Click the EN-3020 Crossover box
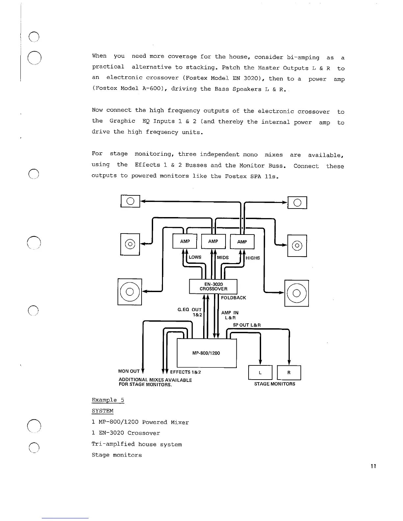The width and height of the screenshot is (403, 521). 213,286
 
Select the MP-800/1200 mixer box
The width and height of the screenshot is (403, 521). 207,353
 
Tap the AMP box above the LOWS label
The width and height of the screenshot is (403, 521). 185,241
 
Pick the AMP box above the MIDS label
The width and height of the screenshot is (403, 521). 213,241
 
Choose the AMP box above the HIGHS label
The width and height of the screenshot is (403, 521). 242,242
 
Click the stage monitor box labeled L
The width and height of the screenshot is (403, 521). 260,373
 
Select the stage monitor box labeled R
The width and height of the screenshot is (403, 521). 289,373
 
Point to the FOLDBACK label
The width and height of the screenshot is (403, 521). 233,298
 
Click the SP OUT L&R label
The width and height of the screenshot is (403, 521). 247,325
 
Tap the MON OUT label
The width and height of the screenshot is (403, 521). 129,371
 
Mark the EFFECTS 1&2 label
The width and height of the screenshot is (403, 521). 185,372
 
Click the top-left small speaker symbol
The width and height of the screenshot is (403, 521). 130,201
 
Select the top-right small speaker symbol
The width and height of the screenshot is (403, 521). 297,203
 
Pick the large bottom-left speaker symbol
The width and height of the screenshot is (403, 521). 130,292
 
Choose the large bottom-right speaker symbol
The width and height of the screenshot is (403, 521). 297,293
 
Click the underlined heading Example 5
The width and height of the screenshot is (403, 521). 108,400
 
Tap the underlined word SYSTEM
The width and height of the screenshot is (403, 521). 102,411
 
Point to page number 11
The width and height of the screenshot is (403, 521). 373,466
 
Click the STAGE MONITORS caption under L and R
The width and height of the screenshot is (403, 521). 275,384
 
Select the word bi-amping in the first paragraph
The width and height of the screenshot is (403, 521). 303,57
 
